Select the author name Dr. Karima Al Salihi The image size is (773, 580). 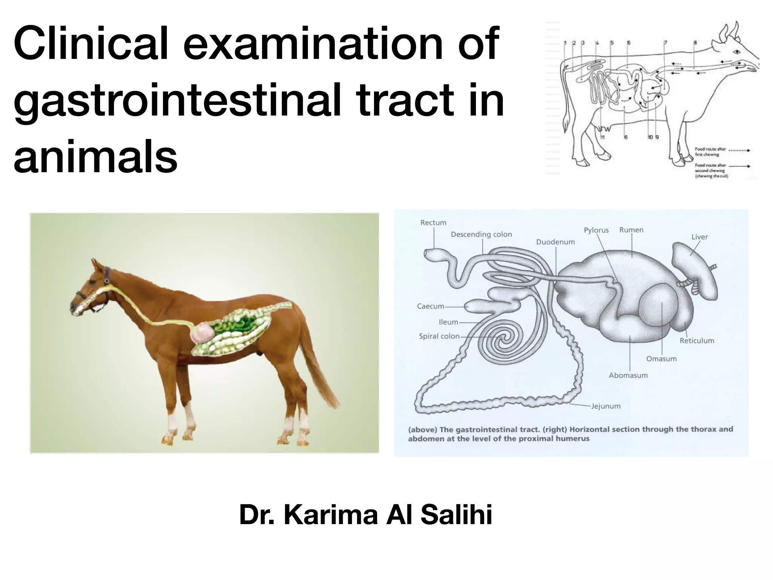(x=365, y=515)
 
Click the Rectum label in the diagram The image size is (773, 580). (x=433, y=223)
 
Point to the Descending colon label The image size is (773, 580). (x=481, y=234)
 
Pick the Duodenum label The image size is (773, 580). (x=555, y=242)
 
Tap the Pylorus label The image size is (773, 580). (x=596, y=230)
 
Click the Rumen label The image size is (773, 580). (x=631, y=230)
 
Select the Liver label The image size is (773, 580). (x=699, y=237)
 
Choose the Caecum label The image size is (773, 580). (x=430, y=306)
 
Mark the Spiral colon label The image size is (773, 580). (x=439, y=336)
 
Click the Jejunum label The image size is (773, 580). (x=605, y=406)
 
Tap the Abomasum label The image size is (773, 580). (x=628, y=375)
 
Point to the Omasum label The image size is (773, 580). (x=661, y=359)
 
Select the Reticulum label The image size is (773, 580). (x=697, y=341)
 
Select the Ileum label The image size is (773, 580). (x=448, y=322)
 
